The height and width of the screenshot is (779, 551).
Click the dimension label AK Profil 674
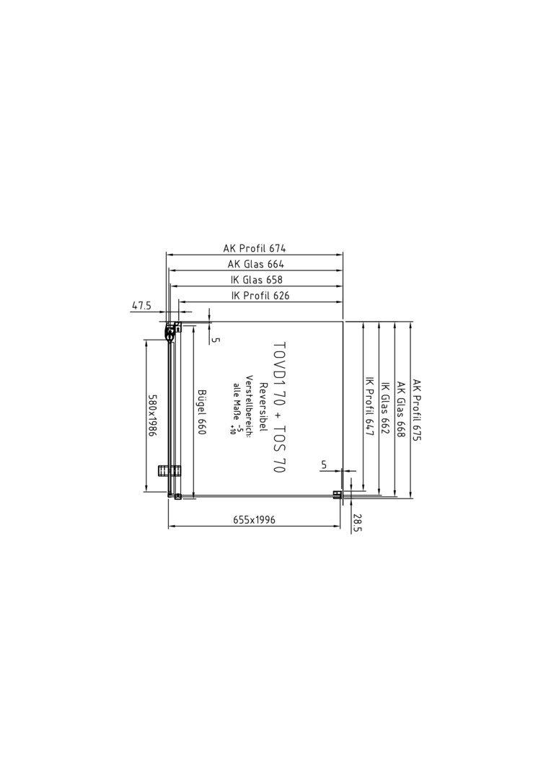(x=255, y=248)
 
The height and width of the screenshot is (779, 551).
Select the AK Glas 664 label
(x=256, y=264)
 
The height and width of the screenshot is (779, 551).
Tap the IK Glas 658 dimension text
(x=256, y=280)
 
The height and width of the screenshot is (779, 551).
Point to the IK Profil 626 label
(x=260, y=296)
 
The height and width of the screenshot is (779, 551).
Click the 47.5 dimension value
(x=141, y=306)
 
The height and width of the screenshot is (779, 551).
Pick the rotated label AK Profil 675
(x=416, y=410)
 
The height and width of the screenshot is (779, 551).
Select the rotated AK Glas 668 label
(x=400, y=410)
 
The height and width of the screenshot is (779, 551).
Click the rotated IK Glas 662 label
(x=384, y=408)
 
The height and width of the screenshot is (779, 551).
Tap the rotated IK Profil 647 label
(x=369, y=405)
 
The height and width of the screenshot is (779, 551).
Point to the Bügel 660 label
(x=201, y=412)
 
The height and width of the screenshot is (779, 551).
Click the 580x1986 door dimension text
(x=152, y=416)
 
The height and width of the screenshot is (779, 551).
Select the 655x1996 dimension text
(x=254, y=519)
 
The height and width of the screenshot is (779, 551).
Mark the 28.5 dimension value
(x=358, y=524)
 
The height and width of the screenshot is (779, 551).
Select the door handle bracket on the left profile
(x=169, y=471)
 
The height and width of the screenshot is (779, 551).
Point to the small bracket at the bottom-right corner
(x=337, y=494)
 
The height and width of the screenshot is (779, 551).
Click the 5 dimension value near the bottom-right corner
(x=324, y=465)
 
